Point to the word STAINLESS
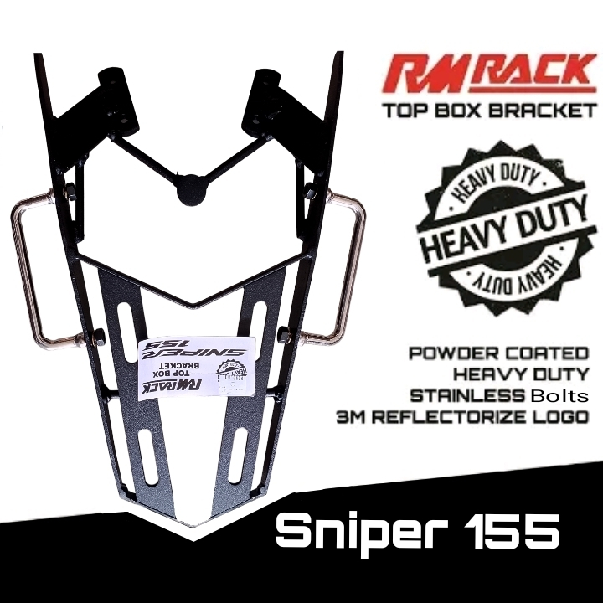(461, 394)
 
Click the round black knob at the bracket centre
(190, 188)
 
